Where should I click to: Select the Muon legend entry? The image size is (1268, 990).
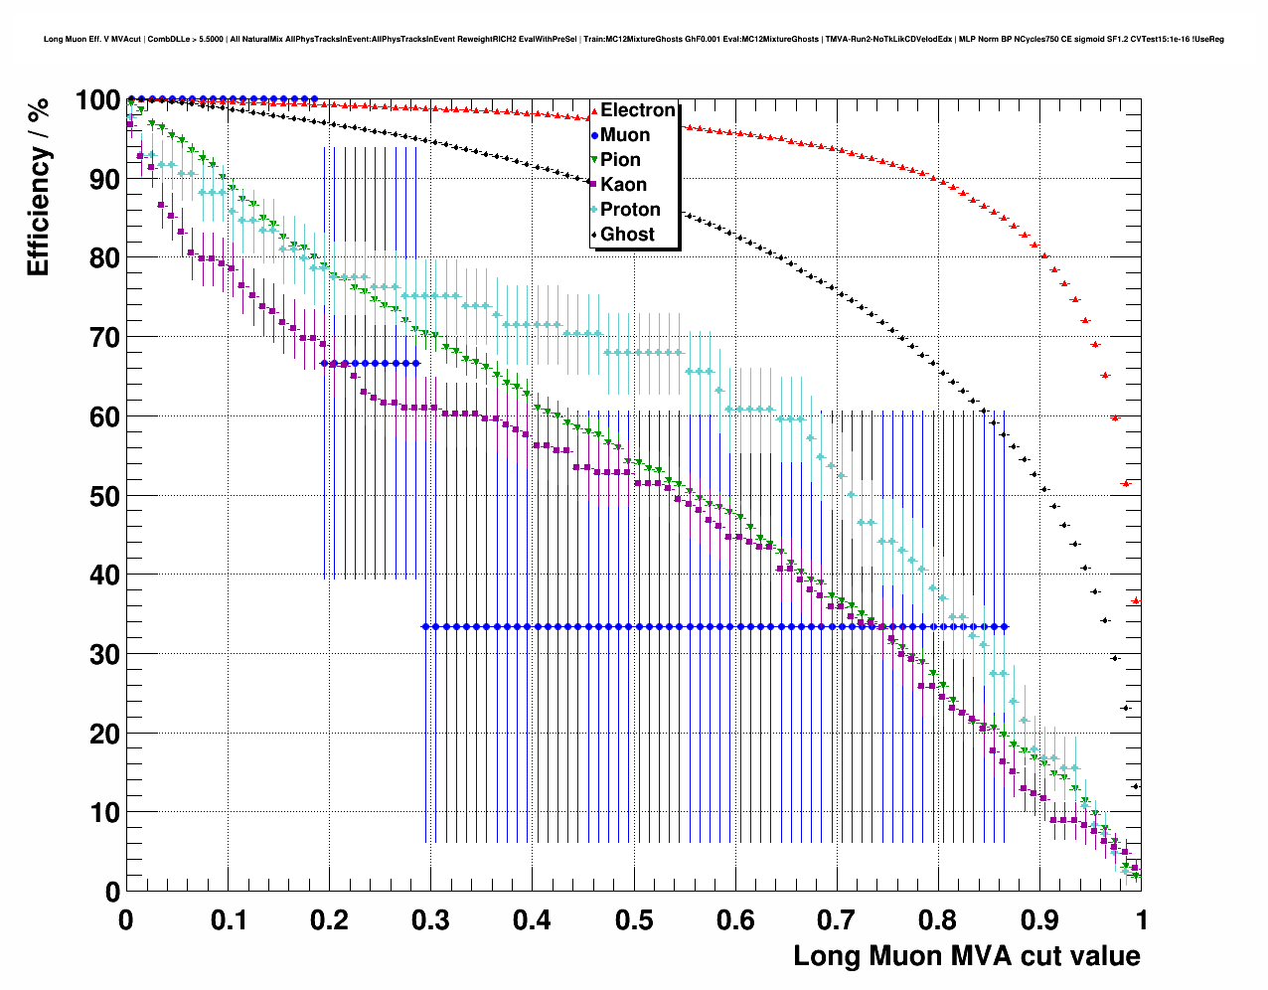[624, 135]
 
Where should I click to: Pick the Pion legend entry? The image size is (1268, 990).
[620, 160]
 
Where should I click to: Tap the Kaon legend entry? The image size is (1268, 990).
[623, 185]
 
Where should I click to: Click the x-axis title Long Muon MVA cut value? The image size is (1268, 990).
[966, 956]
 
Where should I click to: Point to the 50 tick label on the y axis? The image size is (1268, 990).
[99, 496]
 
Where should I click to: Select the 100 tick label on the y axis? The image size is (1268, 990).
[96, 100]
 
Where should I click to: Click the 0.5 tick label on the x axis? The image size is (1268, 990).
[633, 920]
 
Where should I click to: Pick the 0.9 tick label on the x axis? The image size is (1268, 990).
[1039, 920]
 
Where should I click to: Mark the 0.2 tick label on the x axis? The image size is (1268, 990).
[329, 920]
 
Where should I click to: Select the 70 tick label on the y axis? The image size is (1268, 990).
[99, 338]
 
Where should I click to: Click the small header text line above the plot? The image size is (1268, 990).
[634, 40]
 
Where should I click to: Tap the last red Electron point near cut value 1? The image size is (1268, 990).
[1136, 601]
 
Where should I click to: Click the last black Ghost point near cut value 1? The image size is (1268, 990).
[1136, 786]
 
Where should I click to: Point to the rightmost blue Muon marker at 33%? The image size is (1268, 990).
[1006, 627]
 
